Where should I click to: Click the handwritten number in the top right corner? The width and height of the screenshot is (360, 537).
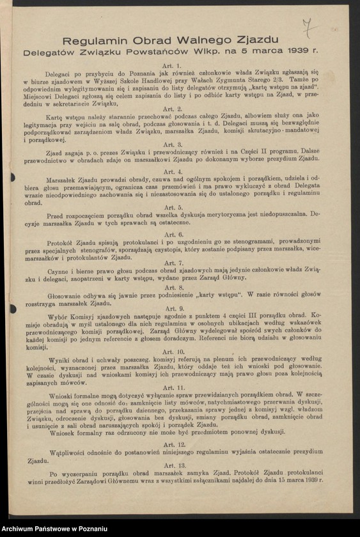coord(309,28)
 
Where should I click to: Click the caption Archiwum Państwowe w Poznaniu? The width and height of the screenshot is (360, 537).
coord(56,529)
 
